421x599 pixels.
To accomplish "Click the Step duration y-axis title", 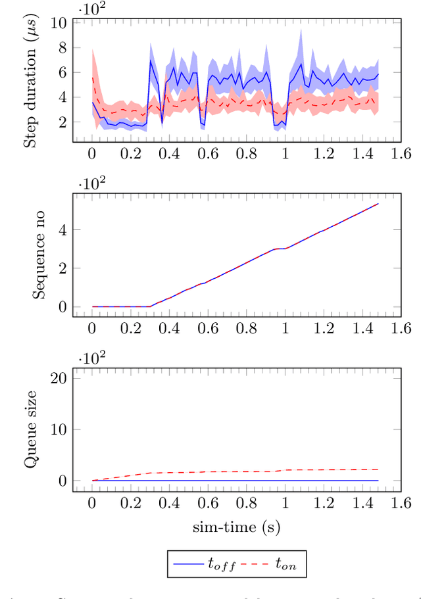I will pos(30,82).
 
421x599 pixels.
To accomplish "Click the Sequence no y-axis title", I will pos(39,256).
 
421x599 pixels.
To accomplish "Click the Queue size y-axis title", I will pos(30,430).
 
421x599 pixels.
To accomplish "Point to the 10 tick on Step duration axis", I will pos(59,22).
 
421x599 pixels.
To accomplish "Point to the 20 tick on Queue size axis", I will pos(59,378).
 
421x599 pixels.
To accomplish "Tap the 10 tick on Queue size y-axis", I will pos(59,429).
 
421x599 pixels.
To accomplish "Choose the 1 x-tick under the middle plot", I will pos(285,328).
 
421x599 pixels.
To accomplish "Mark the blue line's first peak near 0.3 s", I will pos(151,60).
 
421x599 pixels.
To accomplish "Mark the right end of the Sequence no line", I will pos(378,204).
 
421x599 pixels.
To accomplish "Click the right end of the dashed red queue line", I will pos(378,469).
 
